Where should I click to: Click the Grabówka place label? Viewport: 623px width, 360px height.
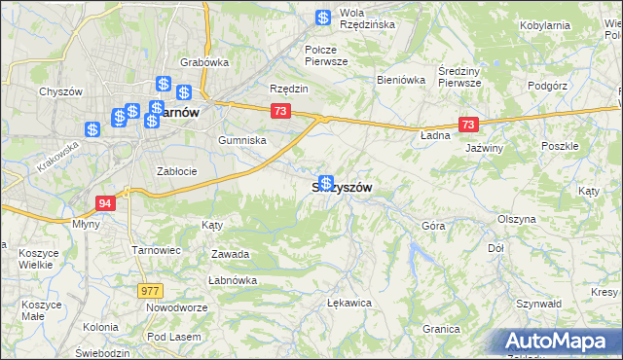click(x=203, y=62)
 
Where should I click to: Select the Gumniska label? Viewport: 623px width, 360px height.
click(x=242, y=140)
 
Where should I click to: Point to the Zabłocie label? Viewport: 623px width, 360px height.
click(x=177, y=171)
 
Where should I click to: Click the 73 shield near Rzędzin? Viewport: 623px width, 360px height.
click(x=280, y=112)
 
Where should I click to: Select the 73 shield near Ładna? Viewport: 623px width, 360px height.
click(x=469, y=125)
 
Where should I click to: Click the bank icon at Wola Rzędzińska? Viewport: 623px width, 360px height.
click(x=324, y=17)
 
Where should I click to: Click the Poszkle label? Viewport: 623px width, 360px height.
click(x=560, y=145)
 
